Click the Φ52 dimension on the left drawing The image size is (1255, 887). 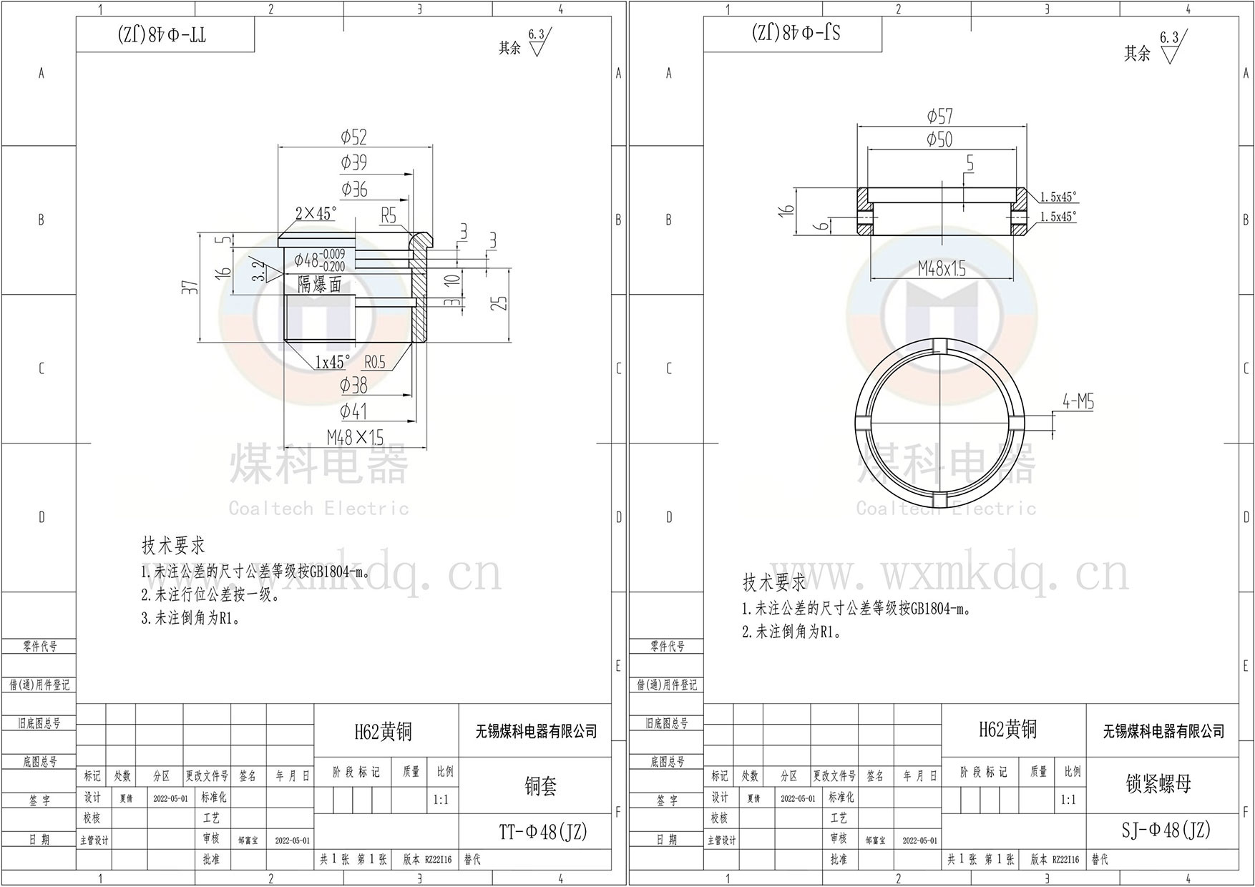pyautogui.click(x=354, y=137)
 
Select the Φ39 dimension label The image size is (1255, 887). pyautogui.click(x=353, y=162)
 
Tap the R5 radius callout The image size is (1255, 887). pyautogui.click(x=389, y=215)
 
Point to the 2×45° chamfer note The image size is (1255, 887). pyautogui.click(x=316, y=213)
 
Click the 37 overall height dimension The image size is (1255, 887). pyautogui.click(x=190, y=288)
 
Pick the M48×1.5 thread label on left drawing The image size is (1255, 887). pyautogui.click(x=355, y=437)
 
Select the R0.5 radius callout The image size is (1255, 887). pyautogui.click(x=375, y=362)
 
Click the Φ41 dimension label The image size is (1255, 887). pyautogui.click(x=353, y=411)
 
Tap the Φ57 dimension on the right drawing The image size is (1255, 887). pyautogui.click(x=939, y=116)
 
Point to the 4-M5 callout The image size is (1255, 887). pyautogui.click(x=1078, y=402)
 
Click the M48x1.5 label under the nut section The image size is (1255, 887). pyautogui.click(x=942, y=270)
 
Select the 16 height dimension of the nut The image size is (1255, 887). pyautogui.click(x=788, y=210)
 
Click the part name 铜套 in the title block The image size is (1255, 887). pyautogui.click(x=541, y=786)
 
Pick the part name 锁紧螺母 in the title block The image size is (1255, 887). pyautogui.click(x=1158, y=784)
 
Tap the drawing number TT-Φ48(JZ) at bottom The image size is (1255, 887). pyautogui.click(x=543, y=832)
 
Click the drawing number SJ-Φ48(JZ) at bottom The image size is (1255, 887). pyautogui.click(x=1166, y=830)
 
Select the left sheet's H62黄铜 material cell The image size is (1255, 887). pyautogui.click(x=384, y=731)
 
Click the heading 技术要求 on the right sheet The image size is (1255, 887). pyautogui.click(x=773, y=582)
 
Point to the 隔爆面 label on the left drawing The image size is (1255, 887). pyautogui.click(x=320, y=284)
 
